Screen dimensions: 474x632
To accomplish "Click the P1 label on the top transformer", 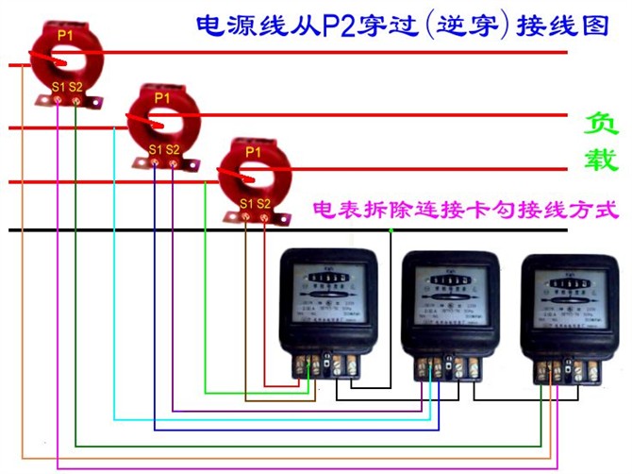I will tap(64, 34).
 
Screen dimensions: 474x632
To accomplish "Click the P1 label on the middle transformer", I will tap(161, 97).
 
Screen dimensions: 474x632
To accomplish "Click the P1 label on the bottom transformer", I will tap(253, 151).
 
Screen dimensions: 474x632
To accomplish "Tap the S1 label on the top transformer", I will tap(58, 88).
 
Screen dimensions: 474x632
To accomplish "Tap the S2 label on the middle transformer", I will tap(174, 149).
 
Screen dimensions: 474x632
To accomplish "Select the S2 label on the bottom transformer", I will tap(265, 203).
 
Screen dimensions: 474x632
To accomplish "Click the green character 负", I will tap(601, 124).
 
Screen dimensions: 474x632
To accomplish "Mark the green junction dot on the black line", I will tap(391, 230).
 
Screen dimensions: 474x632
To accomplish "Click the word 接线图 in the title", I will tap(572, 23).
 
